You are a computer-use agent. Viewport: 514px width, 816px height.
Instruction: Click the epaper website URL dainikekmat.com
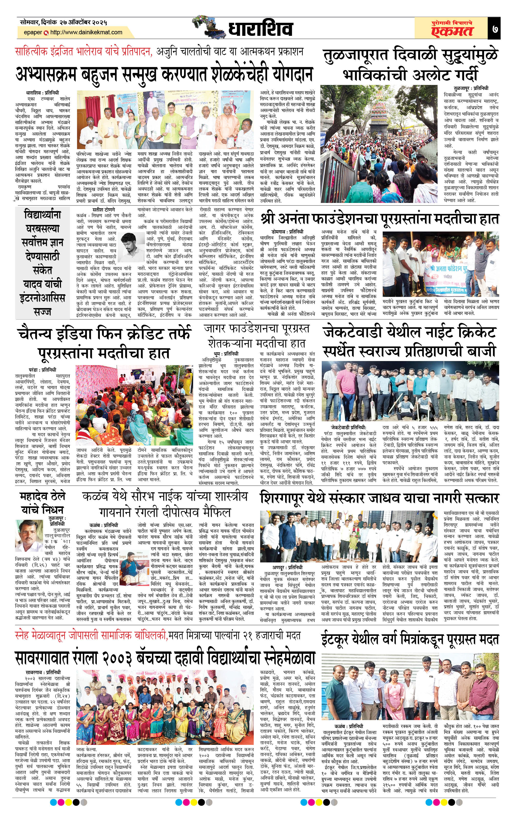[86, 32]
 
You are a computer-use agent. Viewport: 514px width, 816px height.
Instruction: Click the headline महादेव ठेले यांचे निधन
[42, 503]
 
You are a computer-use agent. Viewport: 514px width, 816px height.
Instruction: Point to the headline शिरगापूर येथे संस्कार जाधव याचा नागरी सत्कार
[379, 498]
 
